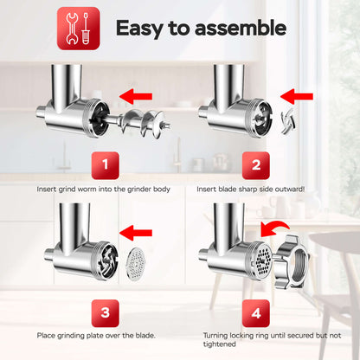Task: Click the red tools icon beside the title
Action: (79, 29)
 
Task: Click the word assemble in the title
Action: (241, 29)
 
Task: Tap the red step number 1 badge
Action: (106, 165)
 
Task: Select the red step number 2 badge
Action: (256, 165)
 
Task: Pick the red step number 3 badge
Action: (106, 313)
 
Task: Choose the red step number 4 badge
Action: (256, 313)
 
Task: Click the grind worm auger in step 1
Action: (138, 123)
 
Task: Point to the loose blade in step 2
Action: (288, 121)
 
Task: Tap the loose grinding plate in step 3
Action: (136, 264)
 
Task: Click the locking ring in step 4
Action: (292, 261)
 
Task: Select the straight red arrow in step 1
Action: (136, 96)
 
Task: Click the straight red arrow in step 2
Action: (297, 96)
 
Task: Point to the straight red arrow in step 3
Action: (136, 233)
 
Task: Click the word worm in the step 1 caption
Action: (87, 190)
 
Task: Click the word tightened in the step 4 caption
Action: (219, 344)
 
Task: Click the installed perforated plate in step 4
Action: (262, 261)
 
